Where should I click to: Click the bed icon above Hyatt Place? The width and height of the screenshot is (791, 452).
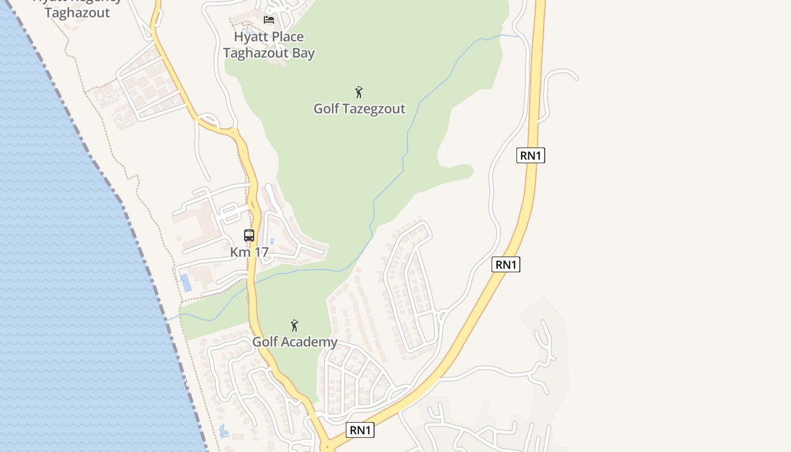tap(269, 20)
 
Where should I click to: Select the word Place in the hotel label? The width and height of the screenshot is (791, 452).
tap(287, 37)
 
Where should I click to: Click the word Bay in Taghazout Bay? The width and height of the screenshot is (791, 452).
tap(302, 54)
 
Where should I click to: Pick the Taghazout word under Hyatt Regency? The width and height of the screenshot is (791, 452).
tap(77, 13)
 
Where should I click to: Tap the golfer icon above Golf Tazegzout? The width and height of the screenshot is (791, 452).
tap(359, 92)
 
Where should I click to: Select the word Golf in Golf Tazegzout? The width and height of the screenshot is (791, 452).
tap(327, 108)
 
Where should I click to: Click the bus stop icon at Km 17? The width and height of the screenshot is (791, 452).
tap(249, 236)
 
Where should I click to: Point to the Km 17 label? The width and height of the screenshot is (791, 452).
tap(249, 252)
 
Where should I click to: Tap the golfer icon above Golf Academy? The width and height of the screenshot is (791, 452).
tap(294, 325)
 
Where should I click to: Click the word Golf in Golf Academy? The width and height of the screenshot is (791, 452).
tap(264, 342)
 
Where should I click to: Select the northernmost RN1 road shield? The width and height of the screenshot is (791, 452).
tap(531, 155)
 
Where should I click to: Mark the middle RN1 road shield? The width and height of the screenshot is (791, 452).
tap(506, 264)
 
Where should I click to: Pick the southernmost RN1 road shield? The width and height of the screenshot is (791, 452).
tap(360, 430)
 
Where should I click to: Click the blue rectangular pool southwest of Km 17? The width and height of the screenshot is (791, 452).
tap(186, 282)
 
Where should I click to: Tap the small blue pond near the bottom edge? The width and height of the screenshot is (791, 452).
tap(224, 431)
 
